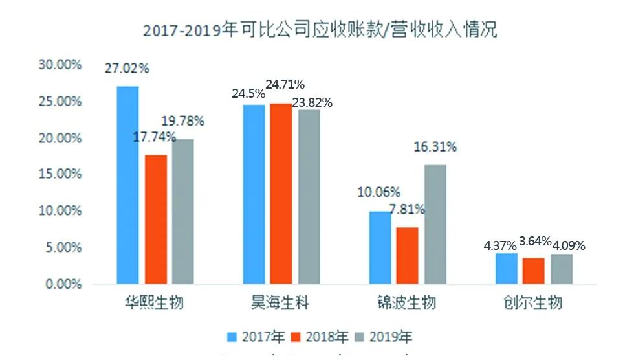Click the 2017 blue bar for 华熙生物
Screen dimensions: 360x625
tap(127, 185)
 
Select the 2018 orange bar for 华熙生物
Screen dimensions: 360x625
tap(155, 219)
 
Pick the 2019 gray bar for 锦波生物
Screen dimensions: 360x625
tap(435, 224)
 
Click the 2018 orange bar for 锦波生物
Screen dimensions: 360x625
tap(408, 255)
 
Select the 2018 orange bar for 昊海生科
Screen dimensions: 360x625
tap(281, 194)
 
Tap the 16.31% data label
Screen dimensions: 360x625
tap(435, 147)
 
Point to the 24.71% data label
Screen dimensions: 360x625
tap(282, 84)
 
